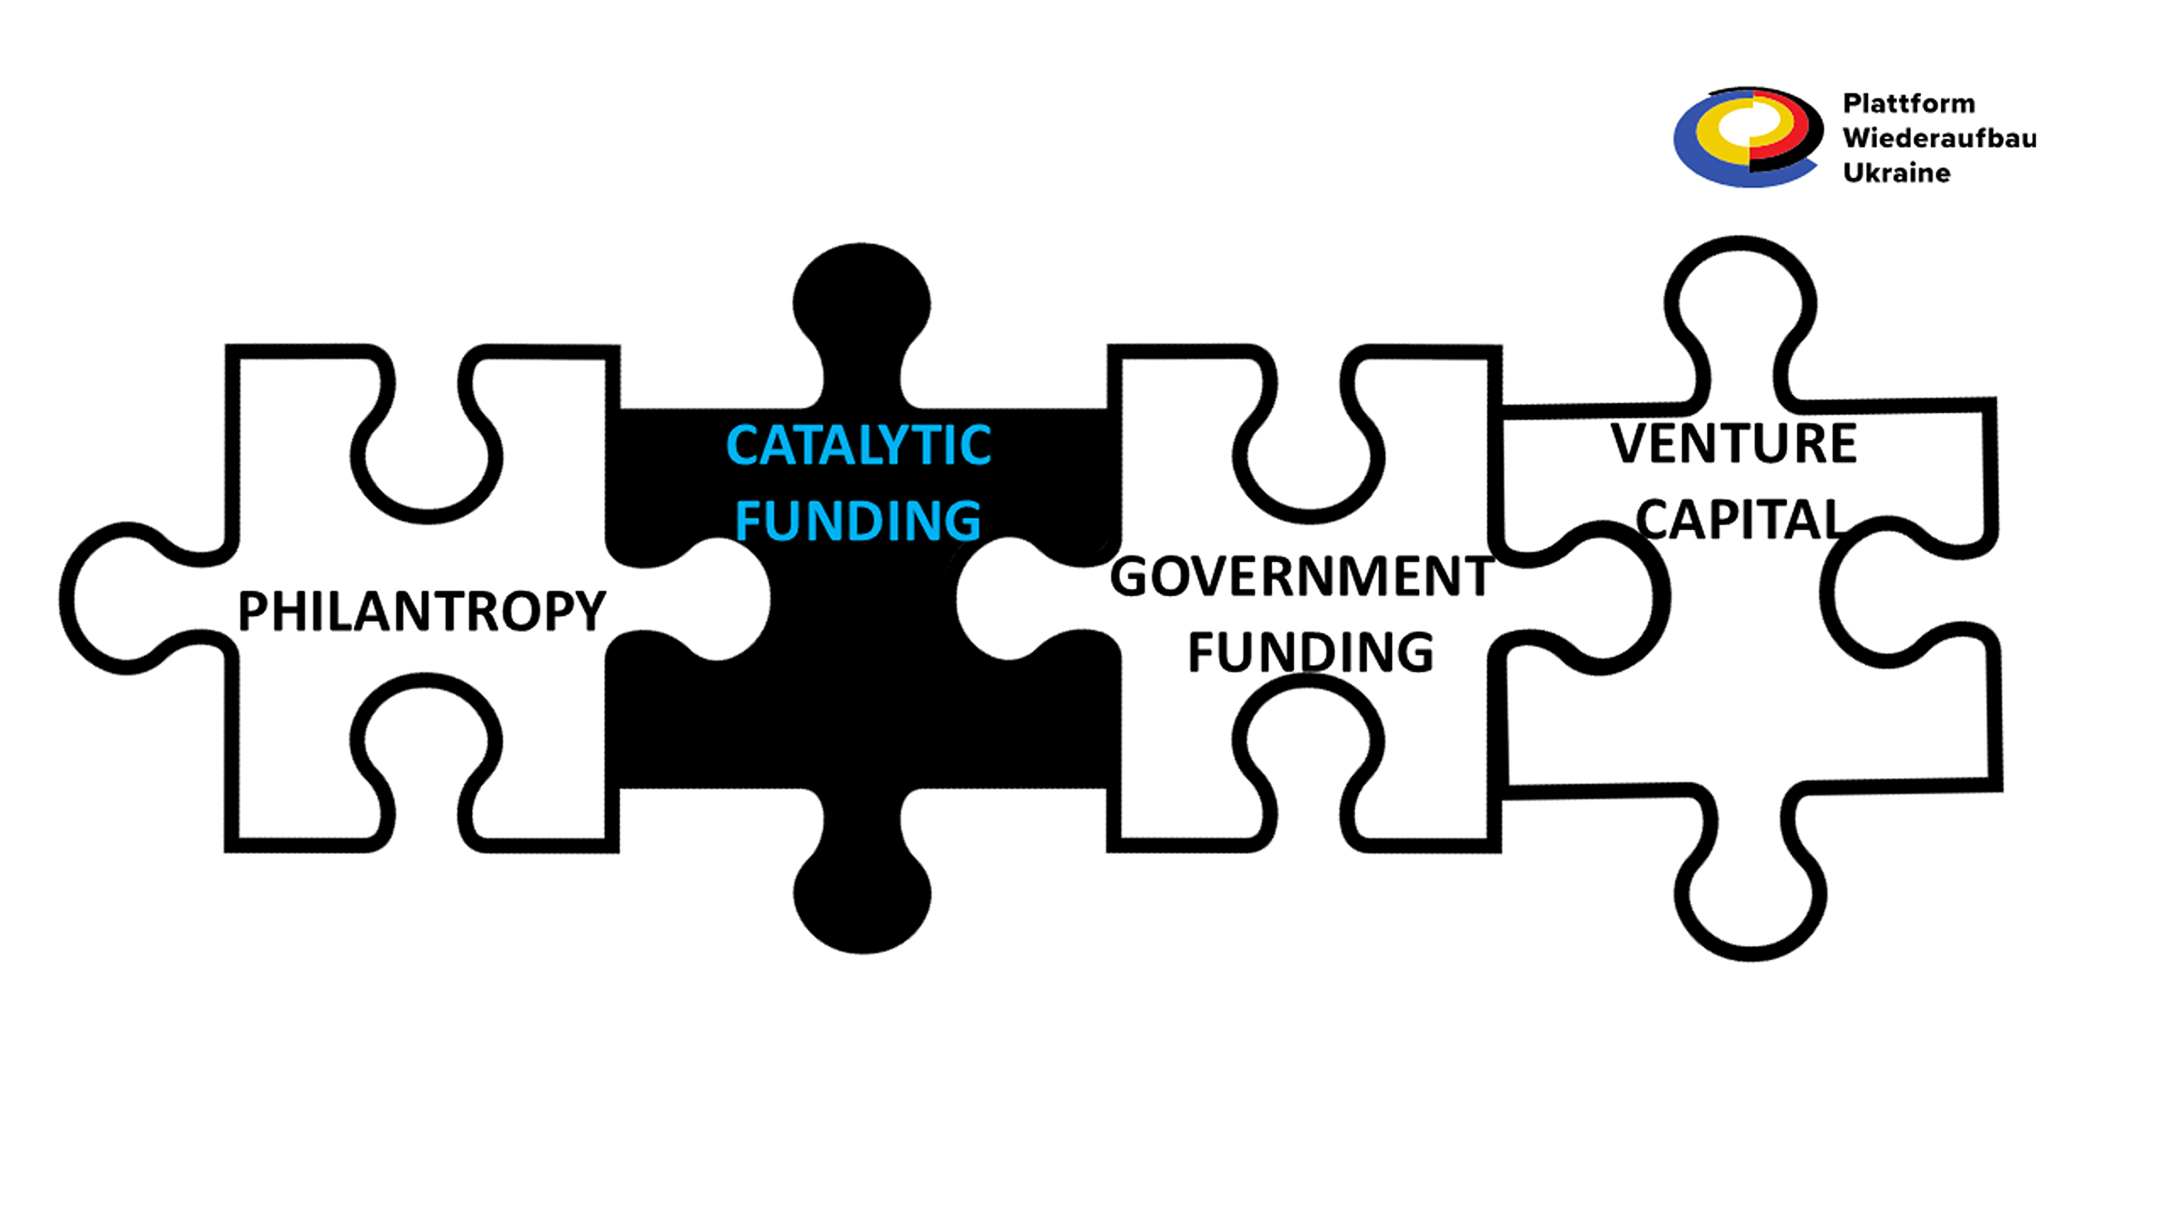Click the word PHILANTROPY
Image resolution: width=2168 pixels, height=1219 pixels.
pos(421,611)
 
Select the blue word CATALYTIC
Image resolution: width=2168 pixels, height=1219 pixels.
pos(858,446)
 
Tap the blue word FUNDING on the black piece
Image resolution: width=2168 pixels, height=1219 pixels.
pos(858,521)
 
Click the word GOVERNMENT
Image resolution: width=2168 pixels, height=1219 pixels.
pos(1302,577)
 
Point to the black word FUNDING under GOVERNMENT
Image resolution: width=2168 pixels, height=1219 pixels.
pos(1310,652)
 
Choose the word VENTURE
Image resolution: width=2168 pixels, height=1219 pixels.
pos(1734,444)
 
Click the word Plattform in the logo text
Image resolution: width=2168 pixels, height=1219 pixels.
pos(1909,103)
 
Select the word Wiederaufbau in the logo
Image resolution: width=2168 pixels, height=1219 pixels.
pos(1939,138)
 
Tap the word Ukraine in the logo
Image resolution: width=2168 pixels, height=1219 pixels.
pos(1896,173)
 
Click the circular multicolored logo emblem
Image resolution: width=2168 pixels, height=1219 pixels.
pos(1747,137)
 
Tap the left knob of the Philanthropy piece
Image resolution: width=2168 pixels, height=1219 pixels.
pos(127,598)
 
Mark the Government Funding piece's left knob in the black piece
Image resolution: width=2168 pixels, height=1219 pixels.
pos(1008,599)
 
